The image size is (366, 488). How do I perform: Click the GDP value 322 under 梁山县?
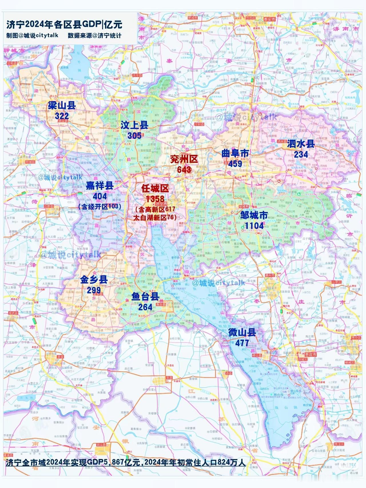[x=62, y=116]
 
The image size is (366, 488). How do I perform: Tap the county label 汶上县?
[x=134, y=125]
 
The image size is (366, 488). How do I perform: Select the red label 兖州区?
[x=184, y=159]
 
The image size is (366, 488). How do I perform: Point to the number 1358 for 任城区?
[x=155, y=199]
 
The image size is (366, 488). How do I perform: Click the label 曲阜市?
[x=235, y=153]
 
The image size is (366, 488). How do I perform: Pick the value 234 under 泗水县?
[x=301, y=154]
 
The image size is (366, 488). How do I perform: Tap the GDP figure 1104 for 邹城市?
[x=254, y=226]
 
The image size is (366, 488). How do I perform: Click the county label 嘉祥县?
[x=100, y=186]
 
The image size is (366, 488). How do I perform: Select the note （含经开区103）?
[x=100, y=207]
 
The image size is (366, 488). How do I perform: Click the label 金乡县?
[x=94, y=279]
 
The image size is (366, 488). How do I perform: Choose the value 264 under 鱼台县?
[x=145, y=307]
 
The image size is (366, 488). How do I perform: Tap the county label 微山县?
[x=242, y=332]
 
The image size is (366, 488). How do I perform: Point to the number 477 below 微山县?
[x=242, y=343]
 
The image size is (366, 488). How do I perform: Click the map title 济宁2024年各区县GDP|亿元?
[x=64, y=25]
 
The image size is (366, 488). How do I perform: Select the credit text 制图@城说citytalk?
[x=32, y=35]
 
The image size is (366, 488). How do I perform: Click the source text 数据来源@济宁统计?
[x=94, y=35]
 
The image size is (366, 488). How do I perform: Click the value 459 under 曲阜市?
[x=235, y=164]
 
